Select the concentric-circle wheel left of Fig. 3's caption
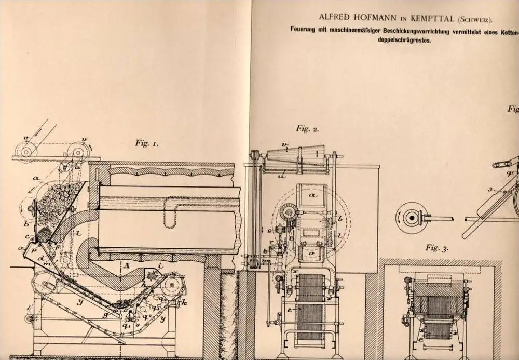[407, 217]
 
